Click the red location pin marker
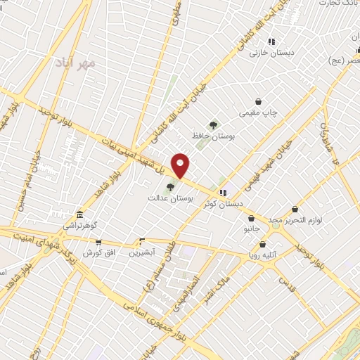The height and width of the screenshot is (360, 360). [x=181, y=166]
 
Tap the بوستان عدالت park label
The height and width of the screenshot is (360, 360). [x=165, y=198]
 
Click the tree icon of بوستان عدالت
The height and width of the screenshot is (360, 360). [x=169, y=187]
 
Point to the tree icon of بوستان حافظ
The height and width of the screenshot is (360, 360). [x=212, y=124]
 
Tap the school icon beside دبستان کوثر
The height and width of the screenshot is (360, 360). [x=223, y=193]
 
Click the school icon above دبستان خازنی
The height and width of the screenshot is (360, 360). [x=271, y=41]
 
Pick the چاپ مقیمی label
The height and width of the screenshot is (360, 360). [x=260, y=112]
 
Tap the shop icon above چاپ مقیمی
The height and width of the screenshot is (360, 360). [x=259, y=101]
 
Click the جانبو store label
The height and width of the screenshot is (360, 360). [x=252, y=229]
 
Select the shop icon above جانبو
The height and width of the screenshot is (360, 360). [x=251, y=219]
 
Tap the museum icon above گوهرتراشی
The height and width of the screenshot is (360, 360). [x=79, y=214]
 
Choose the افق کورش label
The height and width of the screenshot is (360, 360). [x=97, y=252]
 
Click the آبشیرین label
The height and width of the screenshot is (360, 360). [x=143, y=251]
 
